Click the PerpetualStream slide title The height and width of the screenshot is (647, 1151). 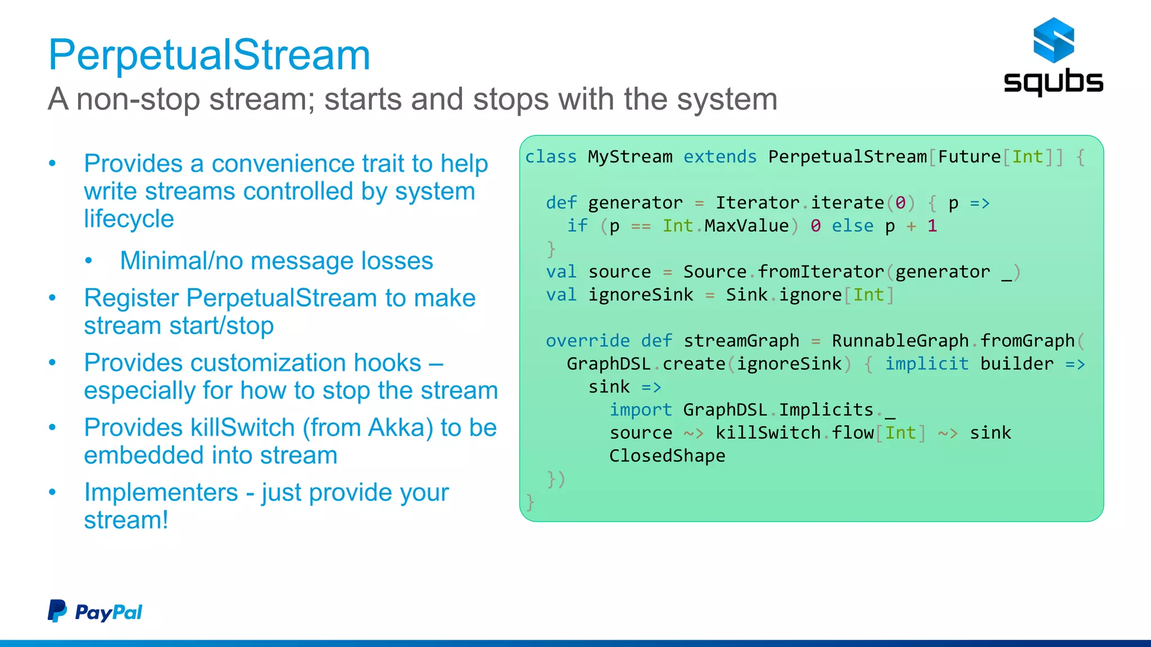pos(209,55)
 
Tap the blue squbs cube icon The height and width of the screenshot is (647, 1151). pos(1053,40)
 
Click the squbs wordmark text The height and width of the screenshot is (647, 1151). pos(1053,82)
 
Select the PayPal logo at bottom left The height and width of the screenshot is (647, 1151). pos(95,611)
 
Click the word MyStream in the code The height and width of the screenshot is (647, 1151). pos(630,157)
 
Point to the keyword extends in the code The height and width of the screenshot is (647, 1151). pos(720,157)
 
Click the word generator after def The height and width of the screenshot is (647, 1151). pos(635,203)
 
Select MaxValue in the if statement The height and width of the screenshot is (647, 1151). pos(746,226)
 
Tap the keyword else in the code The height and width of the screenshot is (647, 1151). pos(853,226)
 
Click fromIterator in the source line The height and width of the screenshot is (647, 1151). pos(821,272)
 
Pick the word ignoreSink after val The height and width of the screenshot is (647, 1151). pos(641,295)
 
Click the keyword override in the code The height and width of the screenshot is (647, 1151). pos(587,341)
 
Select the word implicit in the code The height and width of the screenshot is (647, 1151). pos(927,364)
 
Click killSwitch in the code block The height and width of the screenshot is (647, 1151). pos(768,433)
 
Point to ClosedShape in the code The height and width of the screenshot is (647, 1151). pos(667,456)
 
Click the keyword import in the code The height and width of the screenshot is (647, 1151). pos(641,410)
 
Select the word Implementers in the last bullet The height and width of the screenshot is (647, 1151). pos(161,493)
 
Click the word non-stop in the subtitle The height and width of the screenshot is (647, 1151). pos(138,99)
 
